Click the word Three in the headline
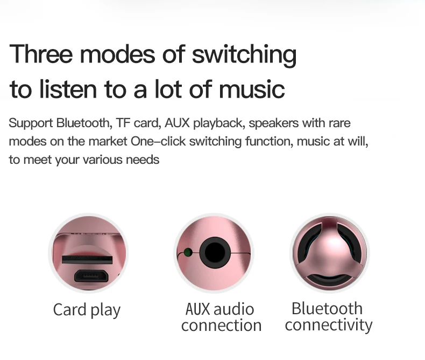[41, 54]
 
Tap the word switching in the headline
[244, 56]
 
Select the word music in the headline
[252, 89]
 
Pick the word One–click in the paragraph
[158, 141]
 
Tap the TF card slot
[87, 260]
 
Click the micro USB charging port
[91, 276]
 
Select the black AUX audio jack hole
[215, 253]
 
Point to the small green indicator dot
[188, 253]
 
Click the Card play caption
[87, 310]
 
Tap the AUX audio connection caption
[221, 317]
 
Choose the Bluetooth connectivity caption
[329, 316]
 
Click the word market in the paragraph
[108, 141]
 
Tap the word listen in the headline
[68, 89]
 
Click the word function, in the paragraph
[270, 141]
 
